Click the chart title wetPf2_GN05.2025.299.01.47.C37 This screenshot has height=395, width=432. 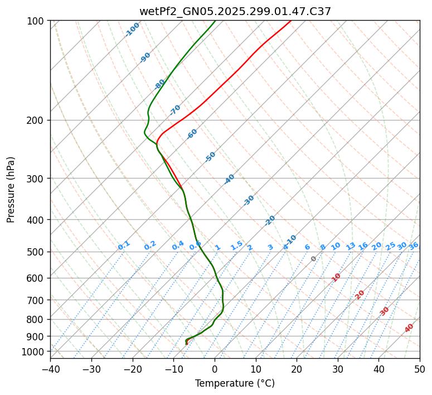[235, 11]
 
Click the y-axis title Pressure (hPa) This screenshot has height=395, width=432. [11, 189]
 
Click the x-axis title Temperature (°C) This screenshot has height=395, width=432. [235, 384]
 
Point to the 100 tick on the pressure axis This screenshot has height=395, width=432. [36, 21]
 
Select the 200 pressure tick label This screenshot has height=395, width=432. [36, 121]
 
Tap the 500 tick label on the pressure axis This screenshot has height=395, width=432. [36, 252]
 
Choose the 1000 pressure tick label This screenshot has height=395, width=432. [34, 351]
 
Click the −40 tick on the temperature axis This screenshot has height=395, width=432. [50, 369]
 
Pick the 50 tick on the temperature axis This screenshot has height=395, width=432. [420, 369]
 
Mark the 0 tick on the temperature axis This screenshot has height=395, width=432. [215, 369]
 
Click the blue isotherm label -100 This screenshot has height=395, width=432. [132, 30]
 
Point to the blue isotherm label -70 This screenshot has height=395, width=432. [175, 109]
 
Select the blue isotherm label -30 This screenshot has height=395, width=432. [249, 200]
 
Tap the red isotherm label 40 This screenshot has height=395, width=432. [409, 328]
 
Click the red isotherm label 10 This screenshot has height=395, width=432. [336, 277]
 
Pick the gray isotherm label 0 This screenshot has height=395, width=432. [314, 259]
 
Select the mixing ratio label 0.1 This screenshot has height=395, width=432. [124, 245]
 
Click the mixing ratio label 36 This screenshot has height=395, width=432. [414, 245]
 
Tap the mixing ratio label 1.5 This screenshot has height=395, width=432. [236, 245]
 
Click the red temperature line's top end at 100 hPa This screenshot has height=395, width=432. [290, 21]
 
